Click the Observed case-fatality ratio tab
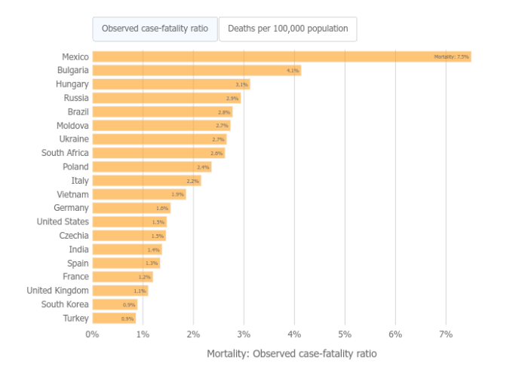[x=155, y=29]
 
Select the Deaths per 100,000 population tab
[x=287, y=29]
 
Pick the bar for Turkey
[x=114, y=319]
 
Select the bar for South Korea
[x=114, y=304]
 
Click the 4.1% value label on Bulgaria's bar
[x=293, y=71]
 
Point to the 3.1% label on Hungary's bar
[x=241, y=84]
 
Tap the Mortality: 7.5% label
[x=451, y=57]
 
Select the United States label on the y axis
[x=63, y=221]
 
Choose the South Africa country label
[x=65, y=153]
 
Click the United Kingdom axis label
[x=57, y=291]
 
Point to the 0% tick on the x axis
[x=92, y=334]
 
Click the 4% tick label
[x=294, y=334]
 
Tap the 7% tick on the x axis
[x=446, y=334]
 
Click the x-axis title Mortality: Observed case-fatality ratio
[x=291, y=353]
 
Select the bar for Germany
[x=131, y=208]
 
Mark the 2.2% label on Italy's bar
[x=192, y=181]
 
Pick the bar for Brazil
[x=162, y=111]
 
